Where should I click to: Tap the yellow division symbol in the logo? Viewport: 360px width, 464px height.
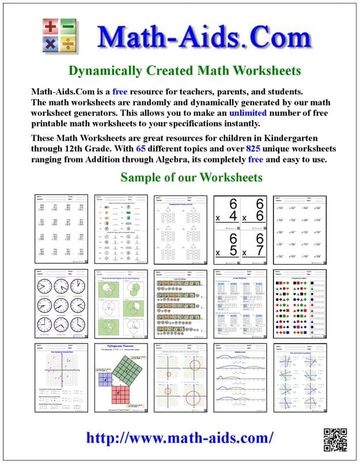tap(69, 43)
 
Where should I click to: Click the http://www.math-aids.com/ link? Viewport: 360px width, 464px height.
tap(180, 437)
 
